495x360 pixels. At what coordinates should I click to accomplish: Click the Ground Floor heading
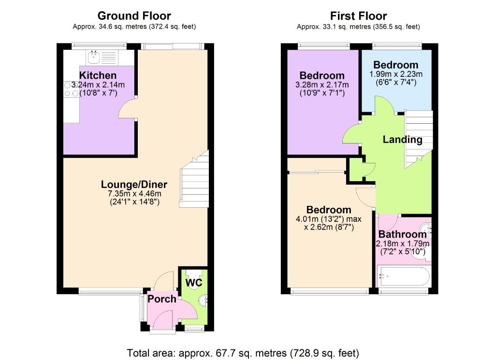pyautogui.click(x=134, y=16)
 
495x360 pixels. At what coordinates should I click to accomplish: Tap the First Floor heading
pyautogui.click(x=358, y=16)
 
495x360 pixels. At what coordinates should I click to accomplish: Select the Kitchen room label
pyautogui.click(x=98, y=75)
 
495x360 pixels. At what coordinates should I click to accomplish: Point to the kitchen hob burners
pyautogui.click(x=72, y=89)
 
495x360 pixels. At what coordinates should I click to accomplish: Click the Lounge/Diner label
pyautogui.click(x=134, y=184)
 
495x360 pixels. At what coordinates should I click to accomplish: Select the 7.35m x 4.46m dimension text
pyautogui.click(x=134, y=193)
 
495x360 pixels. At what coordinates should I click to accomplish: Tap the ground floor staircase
pyautogui.click(x=194, y=179)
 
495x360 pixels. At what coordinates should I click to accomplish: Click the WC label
pyautogui.click(x=193, y=282)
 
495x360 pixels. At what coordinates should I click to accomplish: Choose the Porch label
pyautogui.click(x=162, y=299)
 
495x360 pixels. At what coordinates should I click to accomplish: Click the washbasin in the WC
pyautogui.click(x=204, y=300)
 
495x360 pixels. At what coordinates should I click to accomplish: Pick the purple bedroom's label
pyautogui.click(x=322, y=76)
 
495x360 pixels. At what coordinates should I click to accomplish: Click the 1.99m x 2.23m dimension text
pyautogui.click(x=396, y=74)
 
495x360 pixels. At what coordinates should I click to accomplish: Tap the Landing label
pyautogui.click(x=403, y=140)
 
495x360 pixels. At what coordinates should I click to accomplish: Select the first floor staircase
pyautogui.click(x=419, y=139)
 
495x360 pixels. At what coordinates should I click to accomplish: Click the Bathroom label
pyautogui.click(x=403, y=234)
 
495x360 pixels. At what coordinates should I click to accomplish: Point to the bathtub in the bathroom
pyautogui.click(x=404, y=276)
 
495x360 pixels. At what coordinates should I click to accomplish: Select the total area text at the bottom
pyautogui.click(x=243, y=353)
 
